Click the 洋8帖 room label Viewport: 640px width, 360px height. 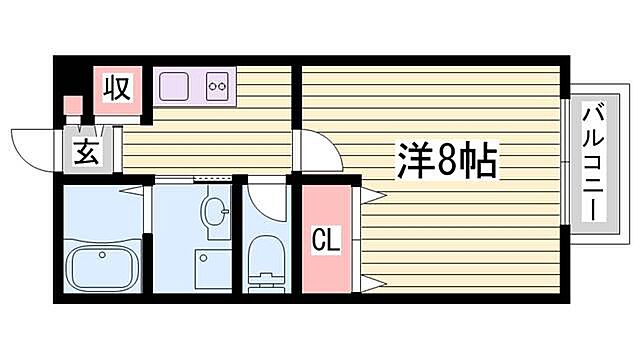click(446, 160)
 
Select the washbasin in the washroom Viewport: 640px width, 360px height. click(213, 211)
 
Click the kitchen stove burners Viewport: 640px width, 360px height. click(217, 87)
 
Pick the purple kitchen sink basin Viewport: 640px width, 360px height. click(178, 85)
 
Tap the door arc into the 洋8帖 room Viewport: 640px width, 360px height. click(315, 150)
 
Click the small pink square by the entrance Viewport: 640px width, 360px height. click(72, 104)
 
